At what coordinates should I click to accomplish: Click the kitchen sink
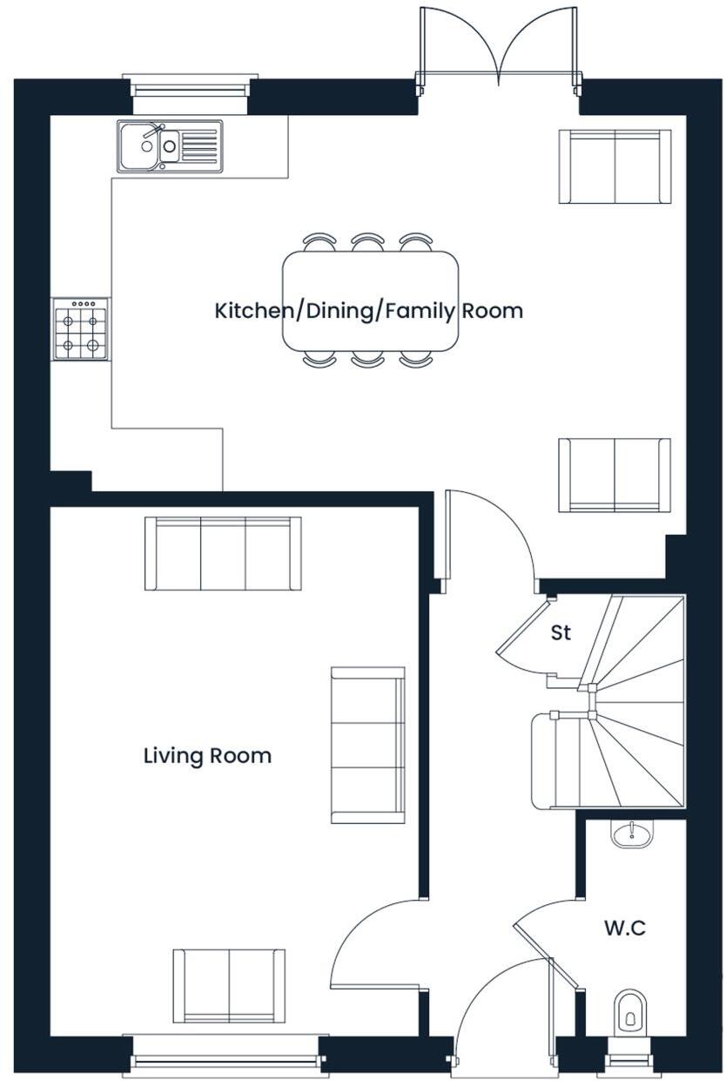[170, 146]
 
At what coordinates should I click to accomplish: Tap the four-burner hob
[81, 329]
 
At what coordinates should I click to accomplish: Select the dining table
[370, 301]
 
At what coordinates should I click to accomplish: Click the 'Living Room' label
[207, 756]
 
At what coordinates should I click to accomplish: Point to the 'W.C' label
[625, 929]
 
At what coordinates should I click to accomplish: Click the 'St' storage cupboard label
[561, 633]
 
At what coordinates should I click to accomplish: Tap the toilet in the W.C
[630, 1012]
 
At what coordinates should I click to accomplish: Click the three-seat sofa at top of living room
[223, 553]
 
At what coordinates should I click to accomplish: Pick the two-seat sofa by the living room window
[229, 985]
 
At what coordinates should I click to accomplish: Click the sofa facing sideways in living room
[367, 745]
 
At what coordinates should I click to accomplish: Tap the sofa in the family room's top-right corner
[615, 166]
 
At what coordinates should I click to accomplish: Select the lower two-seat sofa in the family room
[615, 475]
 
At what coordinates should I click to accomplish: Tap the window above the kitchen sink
[190, 87]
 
